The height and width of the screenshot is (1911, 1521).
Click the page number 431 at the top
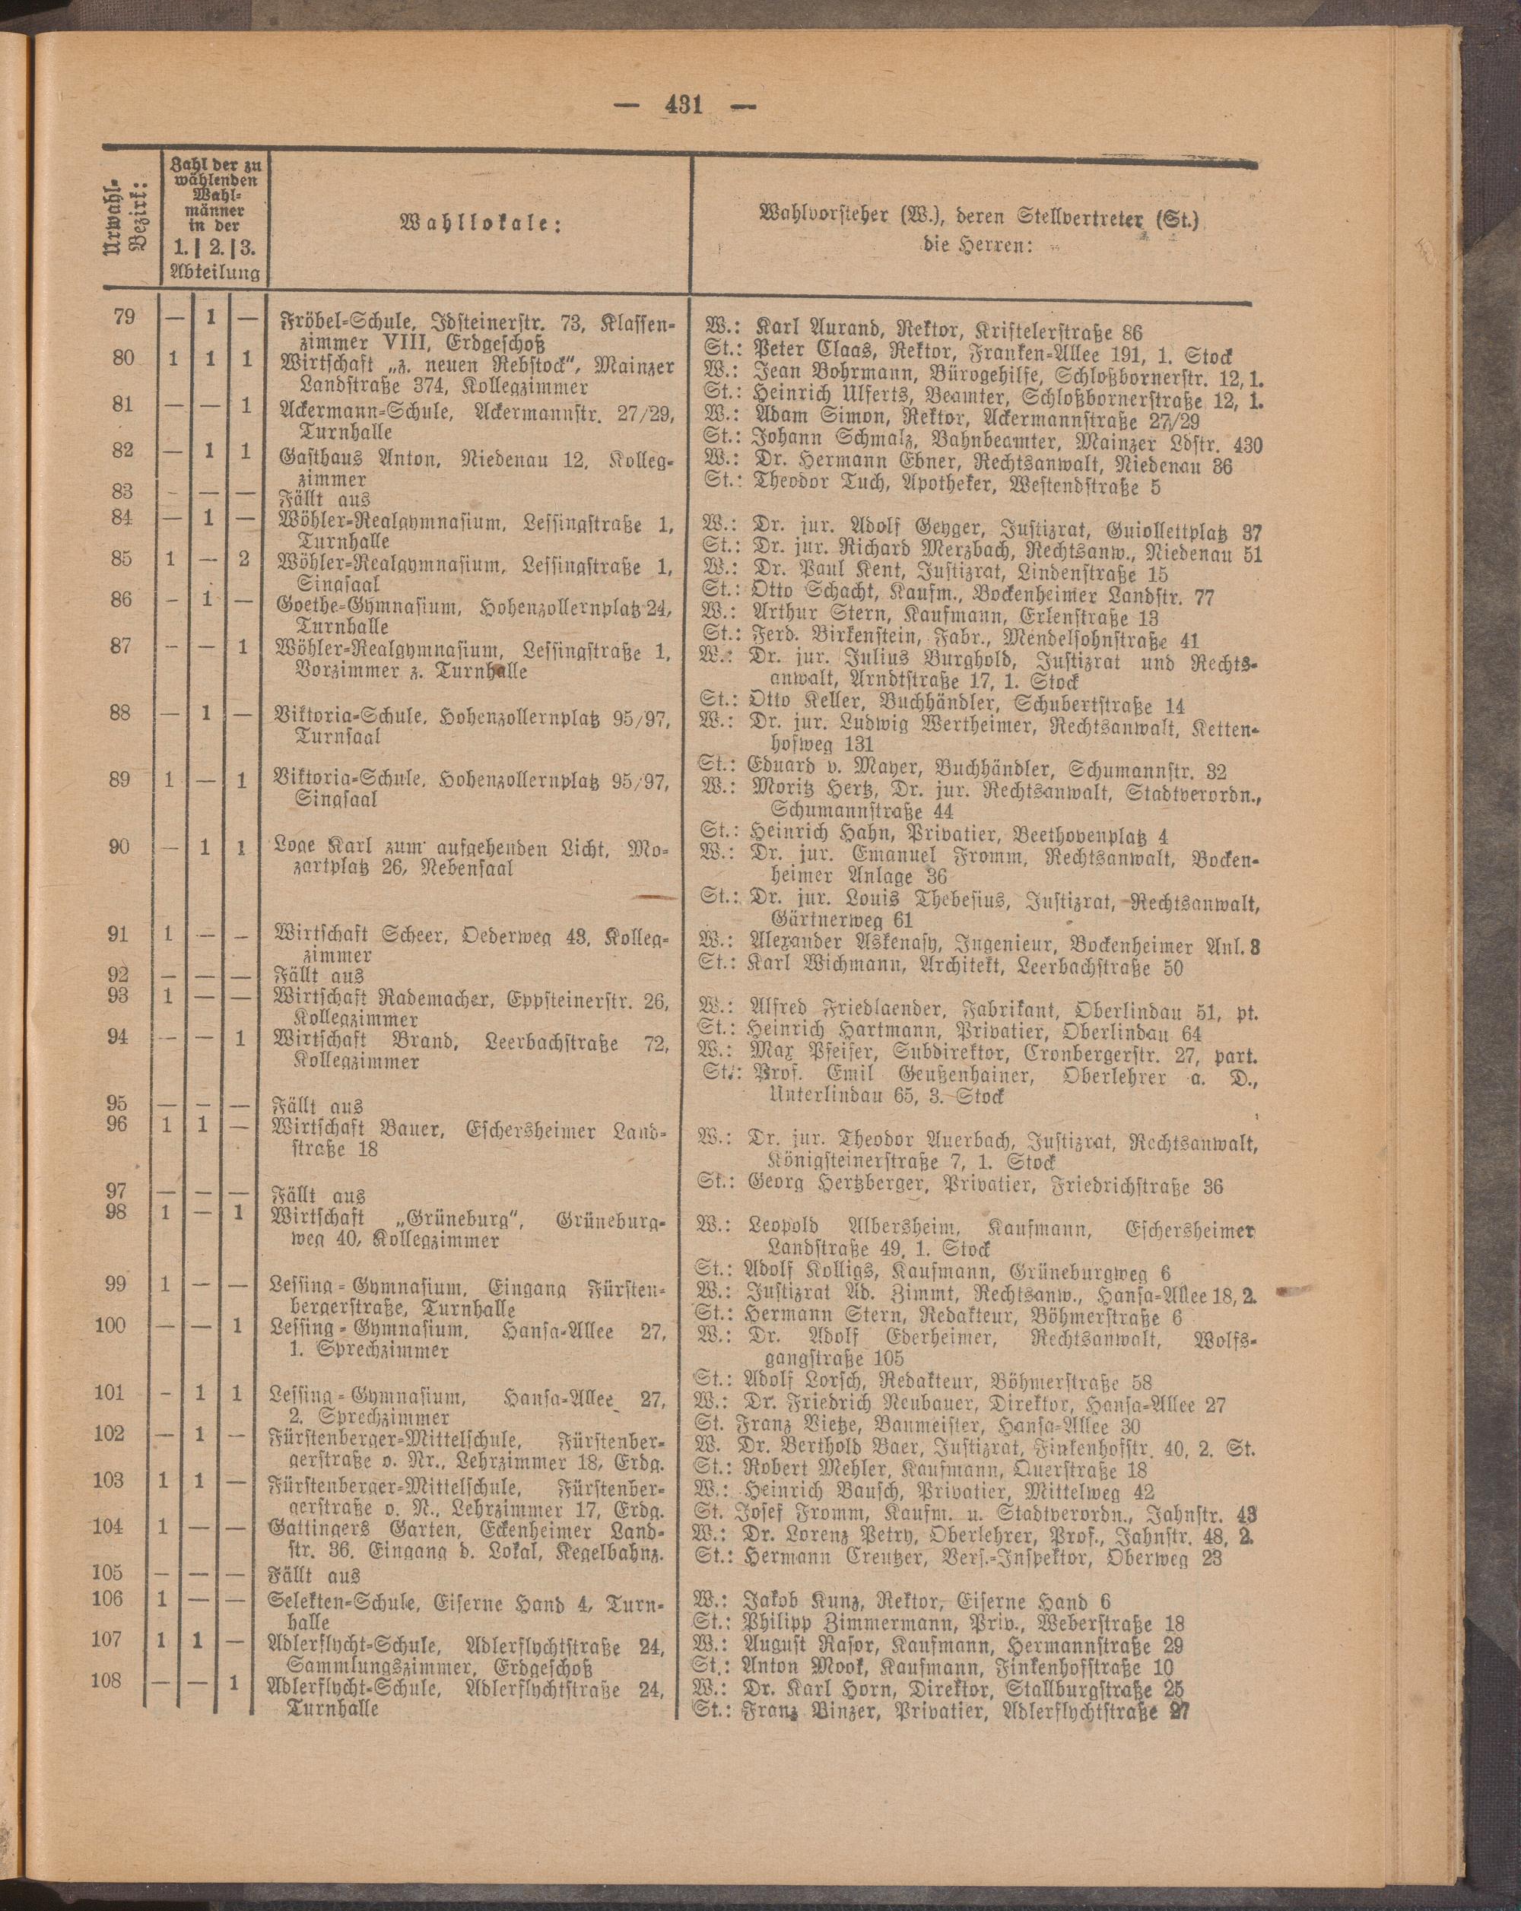click(680, 106)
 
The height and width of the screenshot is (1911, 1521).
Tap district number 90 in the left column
click(121, 846)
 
